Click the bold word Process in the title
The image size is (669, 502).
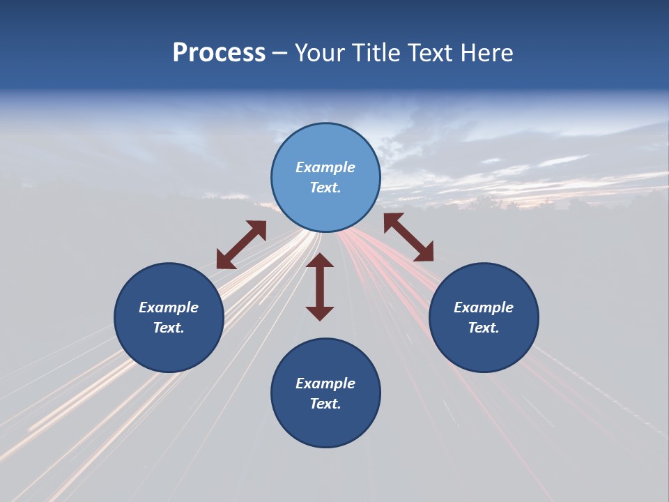(219, 53)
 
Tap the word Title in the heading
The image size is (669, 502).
(377, 53)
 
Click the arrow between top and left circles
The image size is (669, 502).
(241, 245)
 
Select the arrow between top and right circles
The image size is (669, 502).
(408, 237)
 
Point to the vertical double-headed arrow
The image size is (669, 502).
(320, 287)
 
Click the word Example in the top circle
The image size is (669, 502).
(325, 167)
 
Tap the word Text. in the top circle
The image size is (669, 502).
(325, 188)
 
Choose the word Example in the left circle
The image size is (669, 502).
(169, 307)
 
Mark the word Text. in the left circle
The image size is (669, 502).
(169, 328)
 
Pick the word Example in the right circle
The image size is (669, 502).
(484, 307)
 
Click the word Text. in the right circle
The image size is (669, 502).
(484, 328)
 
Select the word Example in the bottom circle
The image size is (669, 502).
(325, 383)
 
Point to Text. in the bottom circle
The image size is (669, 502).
(325, 404)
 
